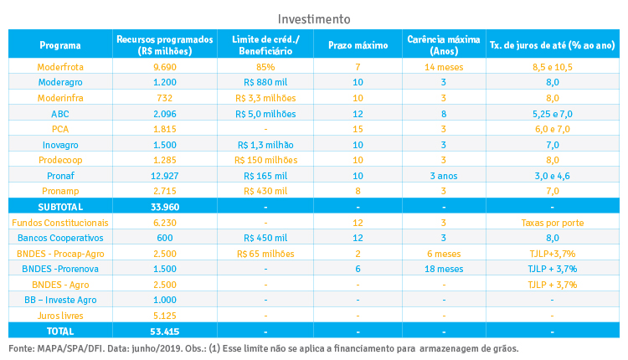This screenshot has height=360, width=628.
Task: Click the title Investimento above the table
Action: coord(314,18)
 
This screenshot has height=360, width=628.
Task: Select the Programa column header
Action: coord(59,44)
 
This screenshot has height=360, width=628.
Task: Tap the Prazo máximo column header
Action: coord(358,44)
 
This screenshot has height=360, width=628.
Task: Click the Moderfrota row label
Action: coord(59,65)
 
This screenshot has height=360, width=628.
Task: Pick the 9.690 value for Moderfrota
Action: coord(164,65)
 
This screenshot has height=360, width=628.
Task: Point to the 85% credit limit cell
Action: coord(265,65)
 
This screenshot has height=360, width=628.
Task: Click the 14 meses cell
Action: coord(443,65)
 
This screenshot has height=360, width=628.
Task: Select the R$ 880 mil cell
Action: coord(265,81)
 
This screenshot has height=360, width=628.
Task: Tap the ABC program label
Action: coord(59,113)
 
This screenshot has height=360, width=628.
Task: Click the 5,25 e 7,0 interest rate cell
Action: coord(552,113)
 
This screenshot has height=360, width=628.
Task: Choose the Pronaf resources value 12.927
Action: coord(164,176)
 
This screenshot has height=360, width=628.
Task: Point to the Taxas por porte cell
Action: coord(552,223)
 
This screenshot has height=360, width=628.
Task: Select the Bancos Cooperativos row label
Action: coord(59,238)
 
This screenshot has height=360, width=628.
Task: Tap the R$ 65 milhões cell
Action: coord(265,254)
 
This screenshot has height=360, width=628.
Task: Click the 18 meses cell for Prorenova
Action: coord(443,269)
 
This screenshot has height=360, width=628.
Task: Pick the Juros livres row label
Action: coord(59,316)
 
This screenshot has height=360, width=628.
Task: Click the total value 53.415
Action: coord(164,332)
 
